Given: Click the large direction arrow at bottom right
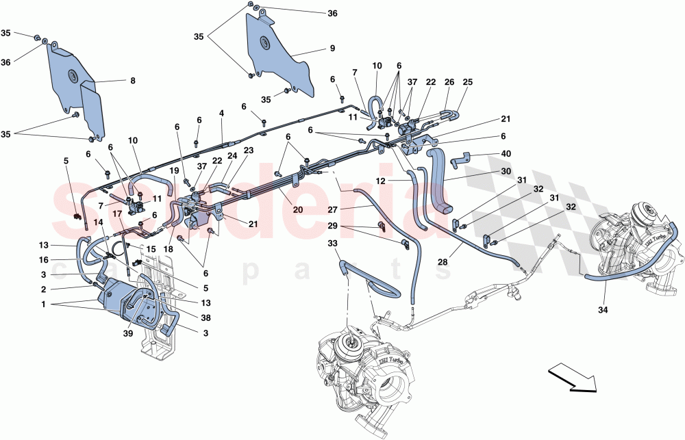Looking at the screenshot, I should tap(572, 378).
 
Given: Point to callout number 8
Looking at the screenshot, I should tap(132, 81).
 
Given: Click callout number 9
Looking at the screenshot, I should tap(332, 49).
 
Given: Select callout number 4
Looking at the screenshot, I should tap(221, 113).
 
